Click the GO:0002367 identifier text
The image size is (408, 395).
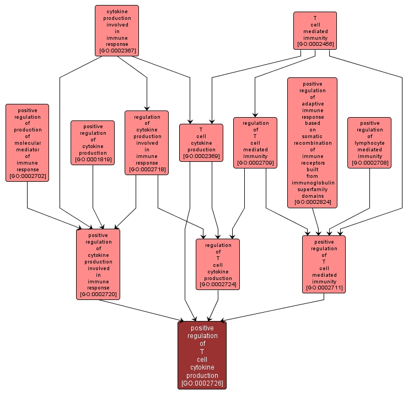(x=117, y=51)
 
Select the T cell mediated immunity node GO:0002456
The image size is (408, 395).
(x=315, y=30)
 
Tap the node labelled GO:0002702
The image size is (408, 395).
(x=27, y=143)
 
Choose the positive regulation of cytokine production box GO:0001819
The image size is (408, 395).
(x=93, y=143)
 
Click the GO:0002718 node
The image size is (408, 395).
(x=147, y=143)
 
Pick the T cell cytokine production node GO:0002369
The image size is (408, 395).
(x=201, y=143)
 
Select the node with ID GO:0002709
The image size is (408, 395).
(x=255, y=143)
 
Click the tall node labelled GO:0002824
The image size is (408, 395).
(x=312, y=143)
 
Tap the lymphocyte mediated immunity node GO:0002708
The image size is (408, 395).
(x=369, y=143)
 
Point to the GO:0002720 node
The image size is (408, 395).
(x=98, y=264)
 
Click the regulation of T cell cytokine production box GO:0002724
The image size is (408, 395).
(x=218, y=264)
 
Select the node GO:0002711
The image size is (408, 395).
(x=324, y=264)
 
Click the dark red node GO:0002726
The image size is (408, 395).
(x=202, y=355)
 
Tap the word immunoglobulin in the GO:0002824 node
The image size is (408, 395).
(x=312, y=183)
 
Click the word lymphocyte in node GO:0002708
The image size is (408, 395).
(x=369, y=143)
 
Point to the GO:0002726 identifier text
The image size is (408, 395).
(x=202, y=383)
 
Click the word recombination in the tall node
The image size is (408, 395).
(x=312, y=143)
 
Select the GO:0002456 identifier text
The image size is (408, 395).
(x=315, y=44)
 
